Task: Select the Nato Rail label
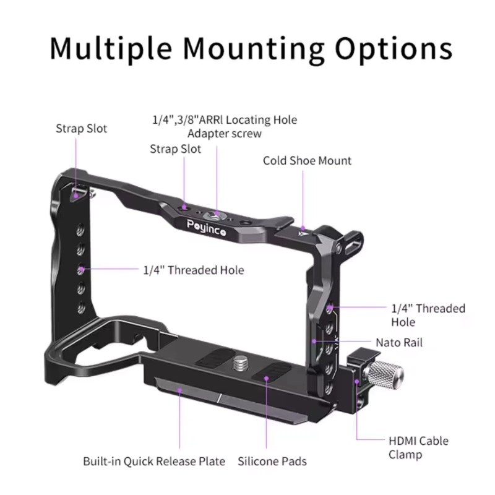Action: (x=399, y=342)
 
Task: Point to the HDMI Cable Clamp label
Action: (x=418, y=448)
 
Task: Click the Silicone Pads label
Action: (x=272, y=461)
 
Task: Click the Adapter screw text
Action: (x=225, y=133)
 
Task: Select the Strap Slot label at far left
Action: (x=81, y=129)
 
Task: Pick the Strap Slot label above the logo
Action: (x=175, y=149)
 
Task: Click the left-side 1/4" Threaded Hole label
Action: (x=193, y=270)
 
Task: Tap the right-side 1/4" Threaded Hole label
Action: (x=428, y=315)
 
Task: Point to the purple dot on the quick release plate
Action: (x=180, y=390)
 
